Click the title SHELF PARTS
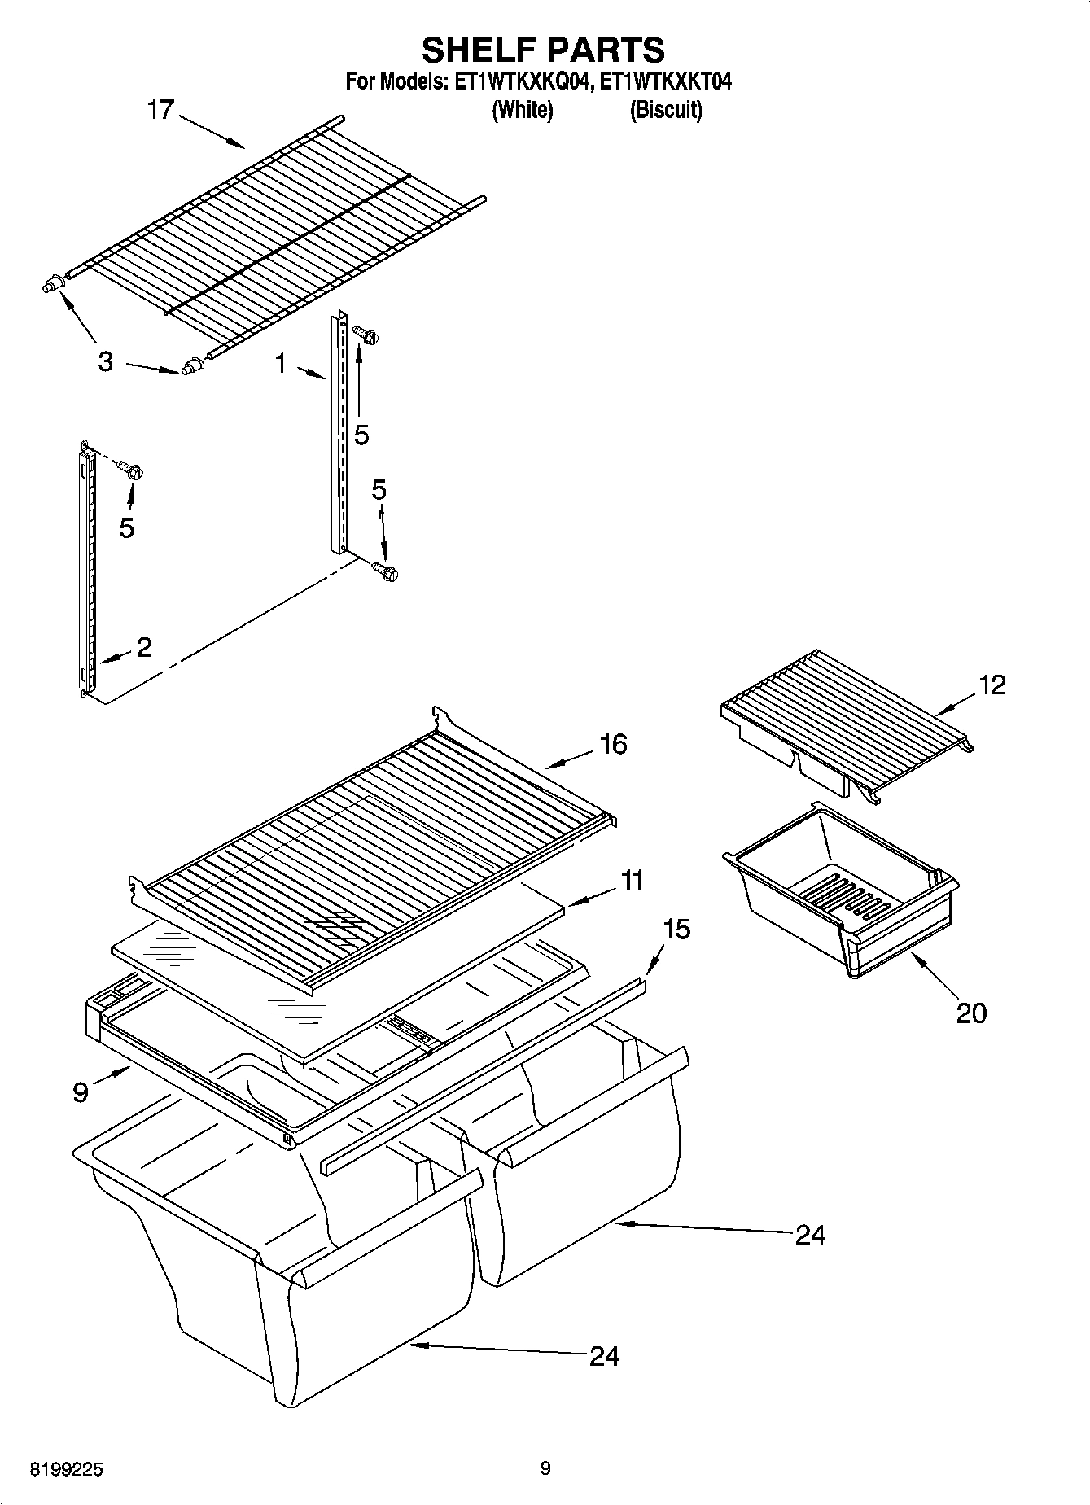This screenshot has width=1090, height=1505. pyautogui.click(x=543, y=50)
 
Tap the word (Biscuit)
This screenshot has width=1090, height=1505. pyautogui.click(x=665, y=110)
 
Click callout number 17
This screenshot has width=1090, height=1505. pyautogui.click(x=160, y=110)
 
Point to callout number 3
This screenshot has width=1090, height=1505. pyautogui.click(x=105, y=361)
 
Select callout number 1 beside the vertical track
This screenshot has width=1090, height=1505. pyautogui.click(x=281, y=364)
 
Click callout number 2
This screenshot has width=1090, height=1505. pyautogui.click(x=143, y=647)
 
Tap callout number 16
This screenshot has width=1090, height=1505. pyautogui.click(x=613, y=743)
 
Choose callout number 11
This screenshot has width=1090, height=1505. pyautogui.click(x=632, y=880)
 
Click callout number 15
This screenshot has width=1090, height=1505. pyautogui.click(x=676, y=929)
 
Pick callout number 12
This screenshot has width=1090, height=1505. pyautogui.click(x=992, y=685)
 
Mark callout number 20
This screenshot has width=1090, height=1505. pyautogui.click(x=971, y=1013)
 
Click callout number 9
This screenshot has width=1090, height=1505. pyautogui.click(x=80, y=1092)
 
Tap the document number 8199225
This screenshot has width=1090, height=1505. pyautogui.click(x=67, y=1470)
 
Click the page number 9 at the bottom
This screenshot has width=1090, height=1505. pyautogui.click(x=545, y=1468)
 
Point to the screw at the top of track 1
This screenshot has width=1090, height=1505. pyautogui.click(x=363, y=333)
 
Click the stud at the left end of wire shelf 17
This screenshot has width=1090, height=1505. pyautogui.click(x=51, y=285)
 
